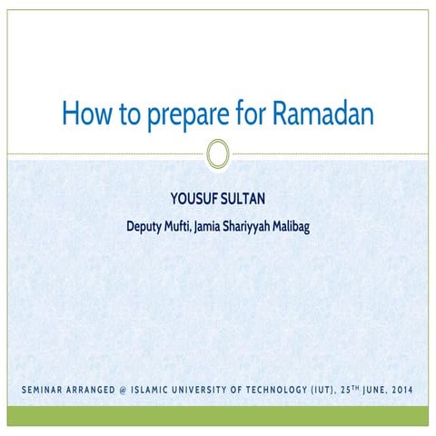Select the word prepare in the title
[x=178, y=114]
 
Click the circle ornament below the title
[x=217, y=154]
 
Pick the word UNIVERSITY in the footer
[x=217, y=391]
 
